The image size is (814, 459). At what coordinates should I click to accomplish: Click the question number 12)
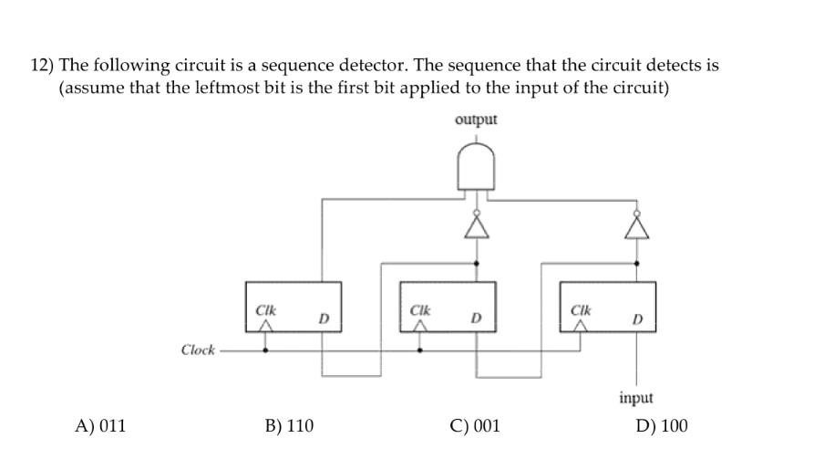(x=43, y=66)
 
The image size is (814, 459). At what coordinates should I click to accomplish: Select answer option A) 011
(x=101, y=425)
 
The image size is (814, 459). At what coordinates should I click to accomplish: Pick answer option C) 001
(x=474, y=425)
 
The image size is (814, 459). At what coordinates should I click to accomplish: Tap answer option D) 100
(x=663, y=425)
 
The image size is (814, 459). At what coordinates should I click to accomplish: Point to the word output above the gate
(x=475, y=120)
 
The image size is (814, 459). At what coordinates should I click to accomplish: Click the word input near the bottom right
(x=635, y=398)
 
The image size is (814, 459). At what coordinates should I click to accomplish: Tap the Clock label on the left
(x=198, y=349)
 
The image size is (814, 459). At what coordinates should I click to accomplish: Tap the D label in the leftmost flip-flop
(x=322, y=319)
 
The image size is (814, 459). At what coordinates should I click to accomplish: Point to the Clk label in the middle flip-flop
(x=420, y=310)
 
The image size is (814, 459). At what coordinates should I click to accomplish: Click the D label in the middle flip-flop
(x=475, y=319)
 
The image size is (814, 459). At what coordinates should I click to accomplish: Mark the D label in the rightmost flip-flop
(x=637, y=319)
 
